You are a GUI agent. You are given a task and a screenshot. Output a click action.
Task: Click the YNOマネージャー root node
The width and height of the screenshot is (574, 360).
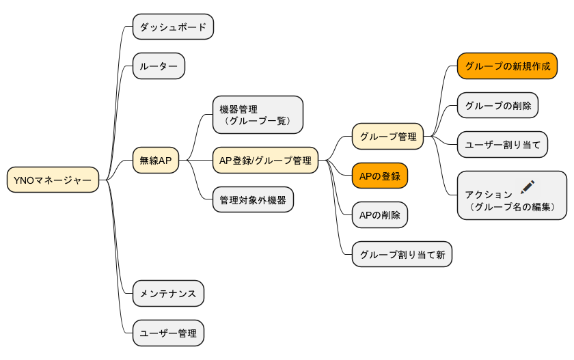coord(53,180)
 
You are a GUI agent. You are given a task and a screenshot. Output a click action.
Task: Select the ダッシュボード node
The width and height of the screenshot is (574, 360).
coord(173,27)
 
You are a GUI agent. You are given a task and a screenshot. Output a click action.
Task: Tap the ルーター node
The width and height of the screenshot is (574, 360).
coord(159,66)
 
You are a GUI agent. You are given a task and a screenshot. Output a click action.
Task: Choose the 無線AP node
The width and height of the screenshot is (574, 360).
coord(156,161)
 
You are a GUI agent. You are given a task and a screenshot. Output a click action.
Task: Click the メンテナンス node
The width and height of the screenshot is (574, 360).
coord(168,294)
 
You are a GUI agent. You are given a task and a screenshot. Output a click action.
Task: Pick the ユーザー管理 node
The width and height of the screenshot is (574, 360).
coord(168,333)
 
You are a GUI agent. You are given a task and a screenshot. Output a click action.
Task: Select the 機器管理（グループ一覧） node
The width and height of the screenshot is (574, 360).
coord(257,115)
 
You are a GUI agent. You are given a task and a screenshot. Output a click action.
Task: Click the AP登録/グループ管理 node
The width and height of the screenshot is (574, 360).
coord(265,161)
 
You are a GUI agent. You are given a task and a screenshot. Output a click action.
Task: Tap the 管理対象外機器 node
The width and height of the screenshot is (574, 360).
coord(253,200)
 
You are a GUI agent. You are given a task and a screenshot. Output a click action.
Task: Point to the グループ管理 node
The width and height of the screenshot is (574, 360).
coord(387,136)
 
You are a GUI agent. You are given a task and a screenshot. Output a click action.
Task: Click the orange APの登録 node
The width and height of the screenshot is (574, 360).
coord(380,176)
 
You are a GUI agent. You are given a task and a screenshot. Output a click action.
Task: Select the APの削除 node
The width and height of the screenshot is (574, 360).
coord(380,215)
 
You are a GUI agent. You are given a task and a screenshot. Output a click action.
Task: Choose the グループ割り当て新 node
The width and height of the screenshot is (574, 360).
coord(402,255)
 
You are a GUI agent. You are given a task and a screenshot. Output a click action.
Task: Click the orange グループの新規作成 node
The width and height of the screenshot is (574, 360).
coord(507,66)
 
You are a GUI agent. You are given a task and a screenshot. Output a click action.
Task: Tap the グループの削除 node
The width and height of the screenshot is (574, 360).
coord(497,105)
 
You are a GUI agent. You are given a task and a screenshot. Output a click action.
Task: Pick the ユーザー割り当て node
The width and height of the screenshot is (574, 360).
coord(502,145)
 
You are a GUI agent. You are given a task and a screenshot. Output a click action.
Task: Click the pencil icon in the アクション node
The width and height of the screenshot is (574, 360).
coord(528,186)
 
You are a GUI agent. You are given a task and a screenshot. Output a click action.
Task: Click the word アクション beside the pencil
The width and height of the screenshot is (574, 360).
coord(489,195)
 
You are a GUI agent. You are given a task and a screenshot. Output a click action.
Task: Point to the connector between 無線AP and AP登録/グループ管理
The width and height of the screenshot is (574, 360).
coord(195,161)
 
